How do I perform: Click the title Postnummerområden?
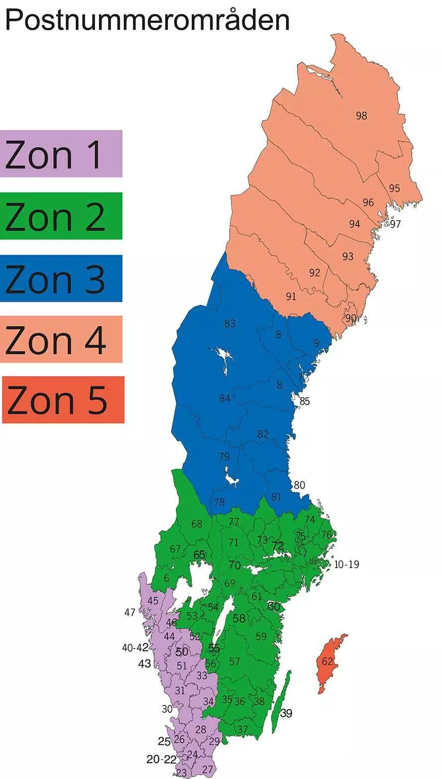pyautogui.click(x=147, y=20)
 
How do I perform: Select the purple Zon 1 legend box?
pyautogui.click(x=61, y=153)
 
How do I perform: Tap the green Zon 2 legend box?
pyautogui.click(x=61, y=216)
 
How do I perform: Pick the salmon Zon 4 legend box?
pyautogui.click(x=61, y=339)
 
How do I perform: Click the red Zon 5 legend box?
pyautogui.click(x=63, y=400)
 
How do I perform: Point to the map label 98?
pyautogui.click(x=361, y=115)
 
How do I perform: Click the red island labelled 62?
pyautogui.click(x=327, y=662)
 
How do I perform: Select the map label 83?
pyautogui.click(x=229, y=324)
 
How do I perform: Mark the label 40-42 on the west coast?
pyautogui.click(x=135, y=648)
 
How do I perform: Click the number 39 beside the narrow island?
pyautogui.click(x=286, y=713)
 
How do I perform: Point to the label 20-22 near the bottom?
pyautogui.click(x=161, y=760)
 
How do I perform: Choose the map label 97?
pyautogui.click(x=395, y=224)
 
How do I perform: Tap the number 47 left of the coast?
pyautogui.click(x=130, y=613)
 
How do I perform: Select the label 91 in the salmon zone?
pyautogui.click(x=291, y=297)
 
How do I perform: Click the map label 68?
pyautogui.click(x=197, y=524)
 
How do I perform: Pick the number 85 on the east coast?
pyautogui.click(x=305, y=401)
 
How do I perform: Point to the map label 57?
pyautogui.click(x=234, y=662)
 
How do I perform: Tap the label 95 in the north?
pyautogui.click(x=395, y=188)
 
